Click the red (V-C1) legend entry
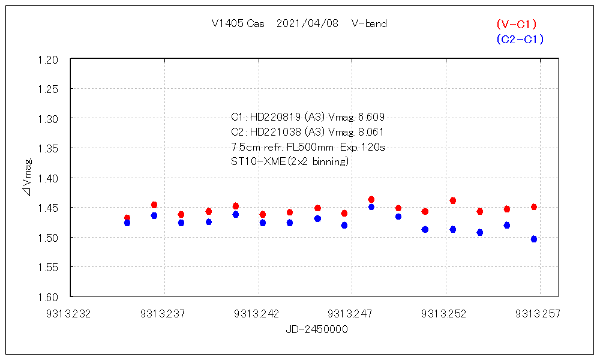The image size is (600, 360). tap(516, 25)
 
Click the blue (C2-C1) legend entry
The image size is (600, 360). tap(520, 40)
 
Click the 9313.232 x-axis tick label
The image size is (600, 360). tap(71, 313)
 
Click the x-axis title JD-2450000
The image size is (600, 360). tap(317, 329)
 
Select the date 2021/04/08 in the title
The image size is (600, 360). tap(307, 24)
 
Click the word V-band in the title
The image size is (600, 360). tap(369, 24)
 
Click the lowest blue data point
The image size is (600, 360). tap(534, 239)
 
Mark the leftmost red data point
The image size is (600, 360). tap(127, 218)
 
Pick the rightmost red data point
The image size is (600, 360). tap(534, 207)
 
